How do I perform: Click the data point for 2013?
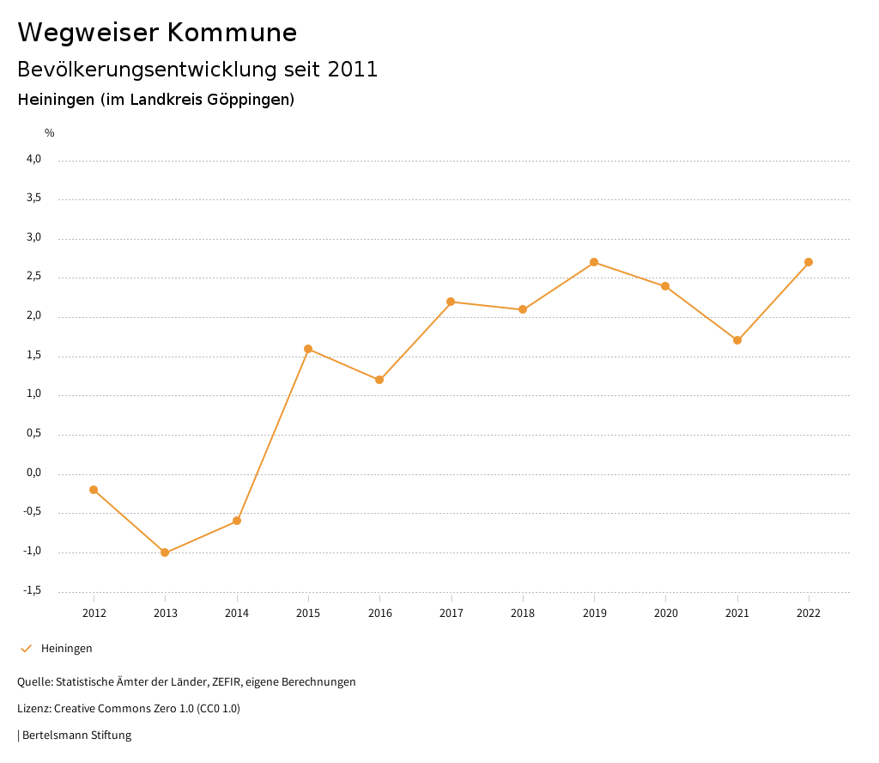coord(165,552)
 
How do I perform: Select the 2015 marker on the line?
coord(308,349)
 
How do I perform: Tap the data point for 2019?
coord(594,262)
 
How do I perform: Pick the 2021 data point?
coord(737,340)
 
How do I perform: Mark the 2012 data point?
coord(94,490)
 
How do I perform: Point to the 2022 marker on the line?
coord(809,262)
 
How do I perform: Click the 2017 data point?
coord(451,302)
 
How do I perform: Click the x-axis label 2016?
coord(379,613)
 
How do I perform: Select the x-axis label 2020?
coord(665,613)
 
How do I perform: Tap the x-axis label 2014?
coord(237,613)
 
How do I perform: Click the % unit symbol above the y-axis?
coord(50,133)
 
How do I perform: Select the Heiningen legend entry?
coord(66,649)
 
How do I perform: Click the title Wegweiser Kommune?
coord(157,33)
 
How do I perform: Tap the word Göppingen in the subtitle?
coord(248,100)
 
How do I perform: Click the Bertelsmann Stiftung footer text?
coord(76,736)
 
